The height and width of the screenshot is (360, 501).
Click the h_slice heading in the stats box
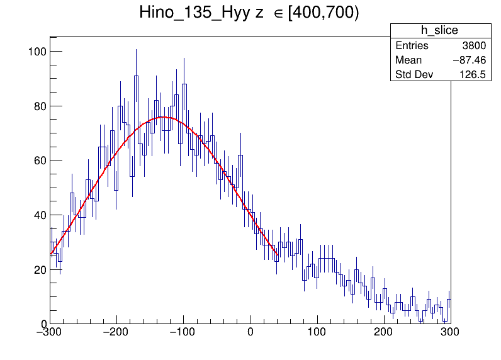[x=439, y=31]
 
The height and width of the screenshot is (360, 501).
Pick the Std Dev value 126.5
[x=472, y=75]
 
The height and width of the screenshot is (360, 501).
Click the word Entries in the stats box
[x=412, y=46]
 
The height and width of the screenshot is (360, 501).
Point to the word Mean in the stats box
[x=408, y=60]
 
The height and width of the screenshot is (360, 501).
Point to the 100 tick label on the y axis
[x=36, y=51]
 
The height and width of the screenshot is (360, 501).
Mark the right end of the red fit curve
[x=278, y=255]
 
